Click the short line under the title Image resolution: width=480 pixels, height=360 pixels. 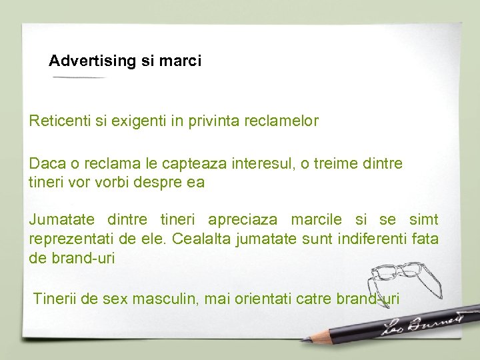[79, 77]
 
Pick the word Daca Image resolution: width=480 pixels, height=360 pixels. [44, 163]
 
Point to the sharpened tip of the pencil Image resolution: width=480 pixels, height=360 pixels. [304, 341]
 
